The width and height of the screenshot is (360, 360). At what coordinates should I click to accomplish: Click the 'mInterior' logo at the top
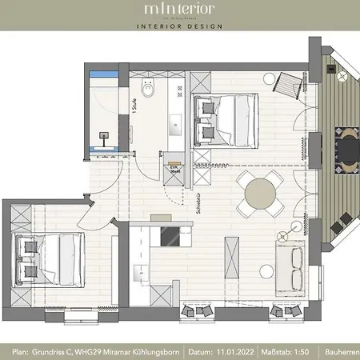(180, 10)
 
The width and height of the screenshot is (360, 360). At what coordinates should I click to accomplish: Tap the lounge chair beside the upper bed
(286, 81)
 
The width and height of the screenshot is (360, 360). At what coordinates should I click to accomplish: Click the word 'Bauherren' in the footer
(344, 351)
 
